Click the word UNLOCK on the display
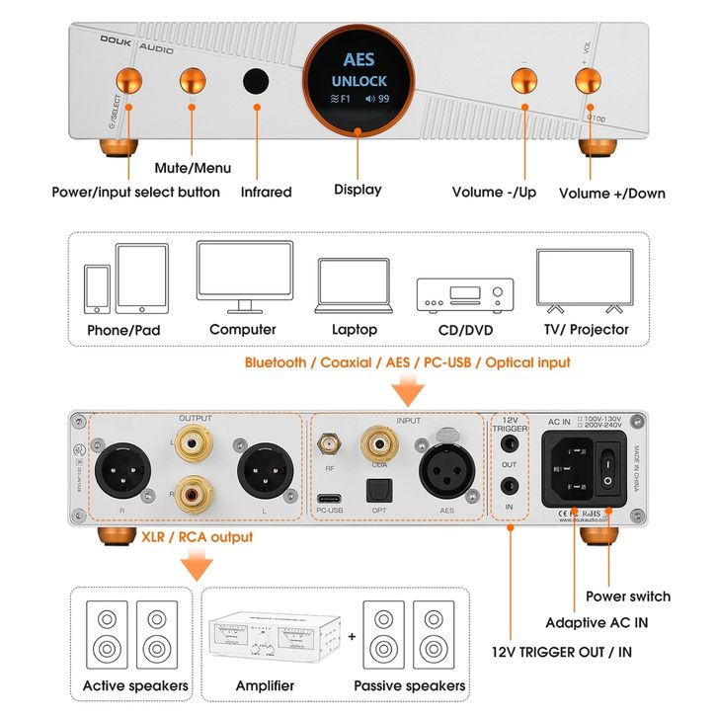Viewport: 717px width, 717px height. (x=358, y=80)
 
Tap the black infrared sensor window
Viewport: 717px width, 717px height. (x=258, y=81)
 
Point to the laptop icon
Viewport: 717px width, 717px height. (x=353, y=285)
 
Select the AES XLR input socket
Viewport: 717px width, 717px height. (x=445, y=472)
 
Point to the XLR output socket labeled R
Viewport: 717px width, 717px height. (x=123, y=474)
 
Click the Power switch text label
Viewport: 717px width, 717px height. (x=628, y=596)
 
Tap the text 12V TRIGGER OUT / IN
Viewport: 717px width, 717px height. (x=563, y=652)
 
